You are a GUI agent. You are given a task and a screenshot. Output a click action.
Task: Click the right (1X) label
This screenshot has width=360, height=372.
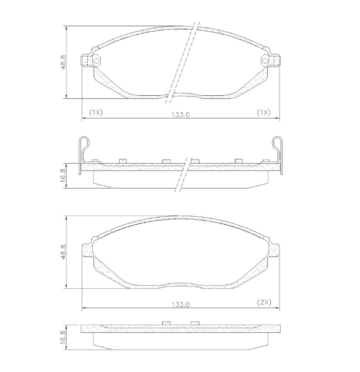tap(263, 113)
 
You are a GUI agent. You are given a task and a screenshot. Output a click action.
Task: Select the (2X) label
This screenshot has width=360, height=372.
tap(263, 302)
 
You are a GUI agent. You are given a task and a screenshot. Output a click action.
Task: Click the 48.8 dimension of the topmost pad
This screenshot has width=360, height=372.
tap(63, 62)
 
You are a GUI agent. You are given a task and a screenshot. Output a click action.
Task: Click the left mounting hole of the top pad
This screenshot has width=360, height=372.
tap(94, 60)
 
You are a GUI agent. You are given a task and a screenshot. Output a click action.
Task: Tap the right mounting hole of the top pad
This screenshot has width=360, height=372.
tap(266, 60)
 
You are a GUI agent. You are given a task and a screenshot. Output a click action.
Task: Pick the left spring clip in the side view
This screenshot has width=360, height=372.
tap(85, 151)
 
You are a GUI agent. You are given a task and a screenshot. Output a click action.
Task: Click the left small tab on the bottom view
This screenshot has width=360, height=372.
tap(165, 323)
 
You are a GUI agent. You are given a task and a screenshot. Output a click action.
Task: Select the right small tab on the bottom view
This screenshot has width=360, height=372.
tap(195, 323)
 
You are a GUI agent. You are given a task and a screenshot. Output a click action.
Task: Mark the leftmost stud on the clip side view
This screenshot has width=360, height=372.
tap(95, 161)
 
